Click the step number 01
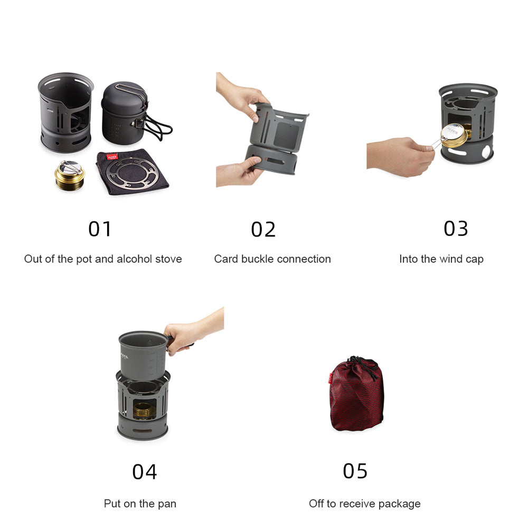click(x=100, y=229)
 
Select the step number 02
click(x=263, y=230)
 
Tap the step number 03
click(x=456, y=229)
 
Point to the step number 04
click(x=145, y=472)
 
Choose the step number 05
click(x=355, y=470)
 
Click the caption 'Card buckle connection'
click(x=272, y=259)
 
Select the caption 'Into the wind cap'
click(x=441, y=259)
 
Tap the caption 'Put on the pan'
click(x=140, y=504)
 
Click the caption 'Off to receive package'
click(x=365, y=504)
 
